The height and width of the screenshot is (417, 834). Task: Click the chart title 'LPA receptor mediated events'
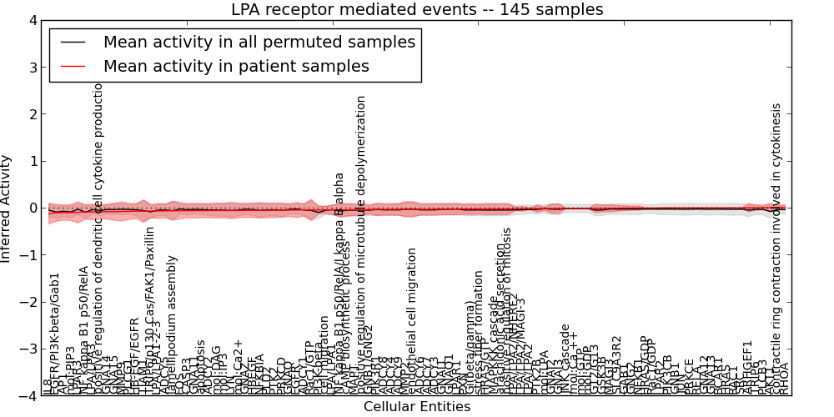coord(417,9)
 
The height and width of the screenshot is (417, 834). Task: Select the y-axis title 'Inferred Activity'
coord(8,208)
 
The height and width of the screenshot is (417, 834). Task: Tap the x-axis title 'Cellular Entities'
coord(417,407)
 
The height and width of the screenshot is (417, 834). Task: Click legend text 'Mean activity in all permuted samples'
coord(259,42)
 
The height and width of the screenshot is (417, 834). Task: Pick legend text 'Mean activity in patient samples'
coord(236,66)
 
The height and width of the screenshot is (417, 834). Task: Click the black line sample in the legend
coord(73,42)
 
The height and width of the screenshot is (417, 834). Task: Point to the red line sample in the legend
coord(73,66)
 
